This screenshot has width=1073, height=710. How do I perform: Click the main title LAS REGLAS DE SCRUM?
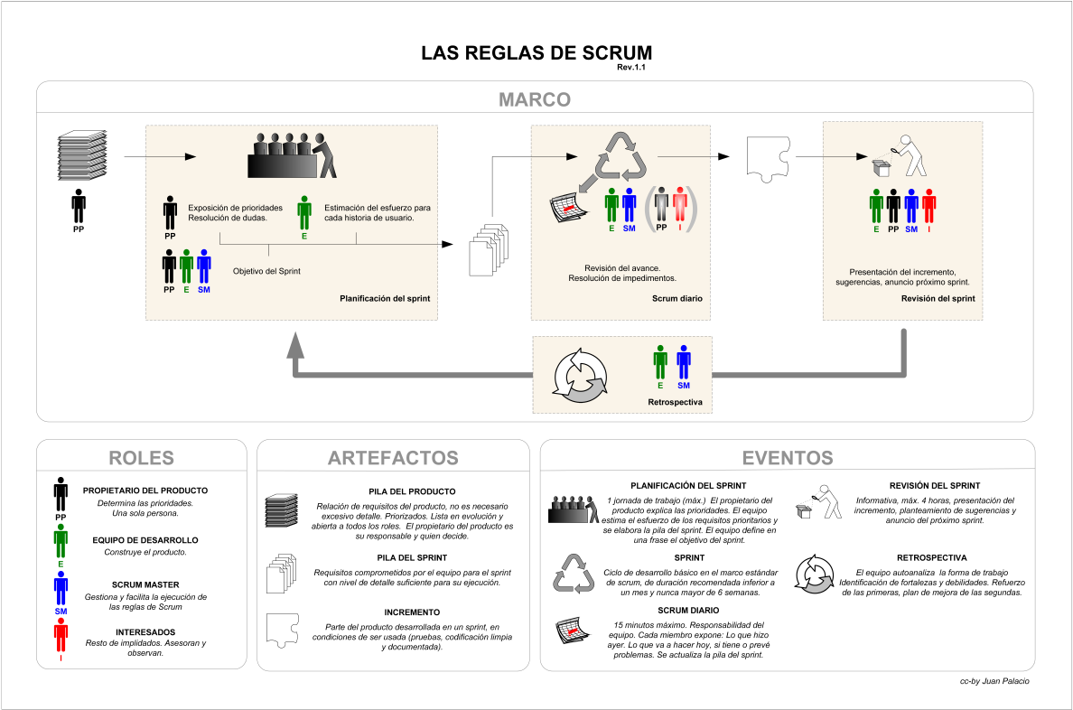point(536,52)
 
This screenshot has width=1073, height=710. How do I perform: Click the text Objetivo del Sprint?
point(266,271)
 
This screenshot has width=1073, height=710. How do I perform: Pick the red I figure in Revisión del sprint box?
point(928,206)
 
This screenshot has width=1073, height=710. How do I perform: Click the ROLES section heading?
point(141,457)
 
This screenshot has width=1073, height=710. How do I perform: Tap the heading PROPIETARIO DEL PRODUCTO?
point(145,490)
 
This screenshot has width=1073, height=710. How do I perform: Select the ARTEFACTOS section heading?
point(392,457)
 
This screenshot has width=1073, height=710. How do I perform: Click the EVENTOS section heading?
point(787,457)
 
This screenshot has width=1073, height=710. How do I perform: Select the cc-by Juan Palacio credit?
point(994,681)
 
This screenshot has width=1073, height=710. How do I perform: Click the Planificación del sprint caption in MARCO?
point(384,298)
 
